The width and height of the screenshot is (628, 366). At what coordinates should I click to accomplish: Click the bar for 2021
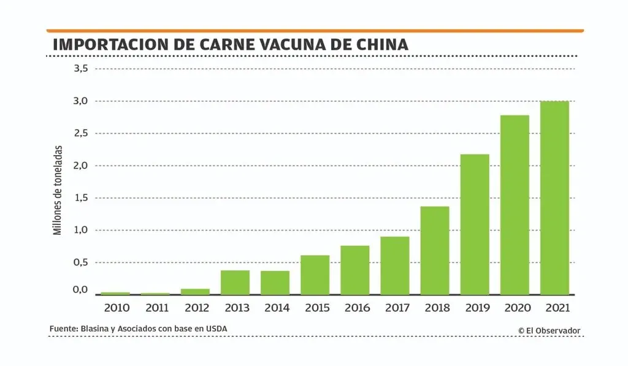coord(554,197)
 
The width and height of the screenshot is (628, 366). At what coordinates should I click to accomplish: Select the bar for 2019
coord(475,224)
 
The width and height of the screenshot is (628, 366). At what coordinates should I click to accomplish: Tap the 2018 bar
coord(435,250)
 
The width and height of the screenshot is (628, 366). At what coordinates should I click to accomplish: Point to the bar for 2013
coord(235,282)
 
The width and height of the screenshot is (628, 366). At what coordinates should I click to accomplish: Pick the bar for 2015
coord(315,275)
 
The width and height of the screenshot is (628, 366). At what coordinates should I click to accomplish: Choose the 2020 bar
coord(515,205)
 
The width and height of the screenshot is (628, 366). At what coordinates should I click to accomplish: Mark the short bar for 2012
coord(196,291)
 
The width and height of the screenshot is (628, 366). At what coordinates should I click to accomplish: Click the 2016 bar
coord(355,270)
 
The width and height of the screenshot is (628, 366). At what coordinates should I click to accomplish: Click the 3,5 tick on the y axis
coord(81,69)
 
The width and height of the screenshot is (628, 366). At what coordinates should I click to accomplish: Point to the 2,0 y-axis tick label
coord(81,166)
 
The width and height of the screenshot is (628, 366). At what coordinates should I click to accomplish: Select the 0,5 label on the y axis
coord(81,262)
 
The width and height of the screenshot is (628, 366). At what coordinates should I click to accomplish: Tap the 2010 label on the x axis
coord(115,308)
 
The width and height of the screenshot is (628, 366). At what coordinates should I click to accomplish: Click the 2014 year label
coord(275,308)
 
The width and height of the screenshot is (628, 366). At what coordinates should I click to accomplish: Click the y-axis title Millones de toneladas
coord(58,190)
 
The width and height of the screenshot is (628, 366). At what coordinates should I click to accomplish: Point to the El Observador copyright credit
coord(549,330)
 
